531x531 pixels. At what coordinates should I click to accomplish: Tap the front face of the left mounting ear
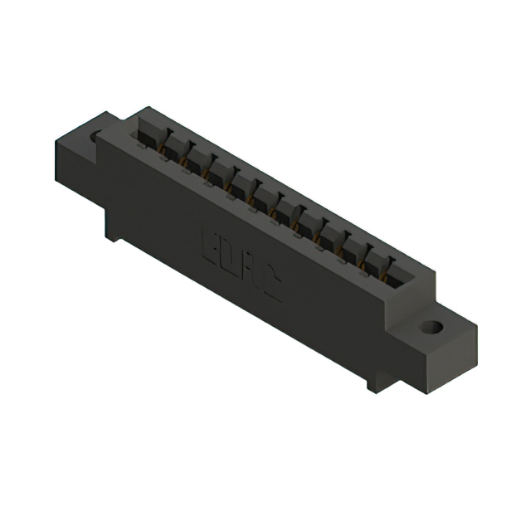coord(76,166)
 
